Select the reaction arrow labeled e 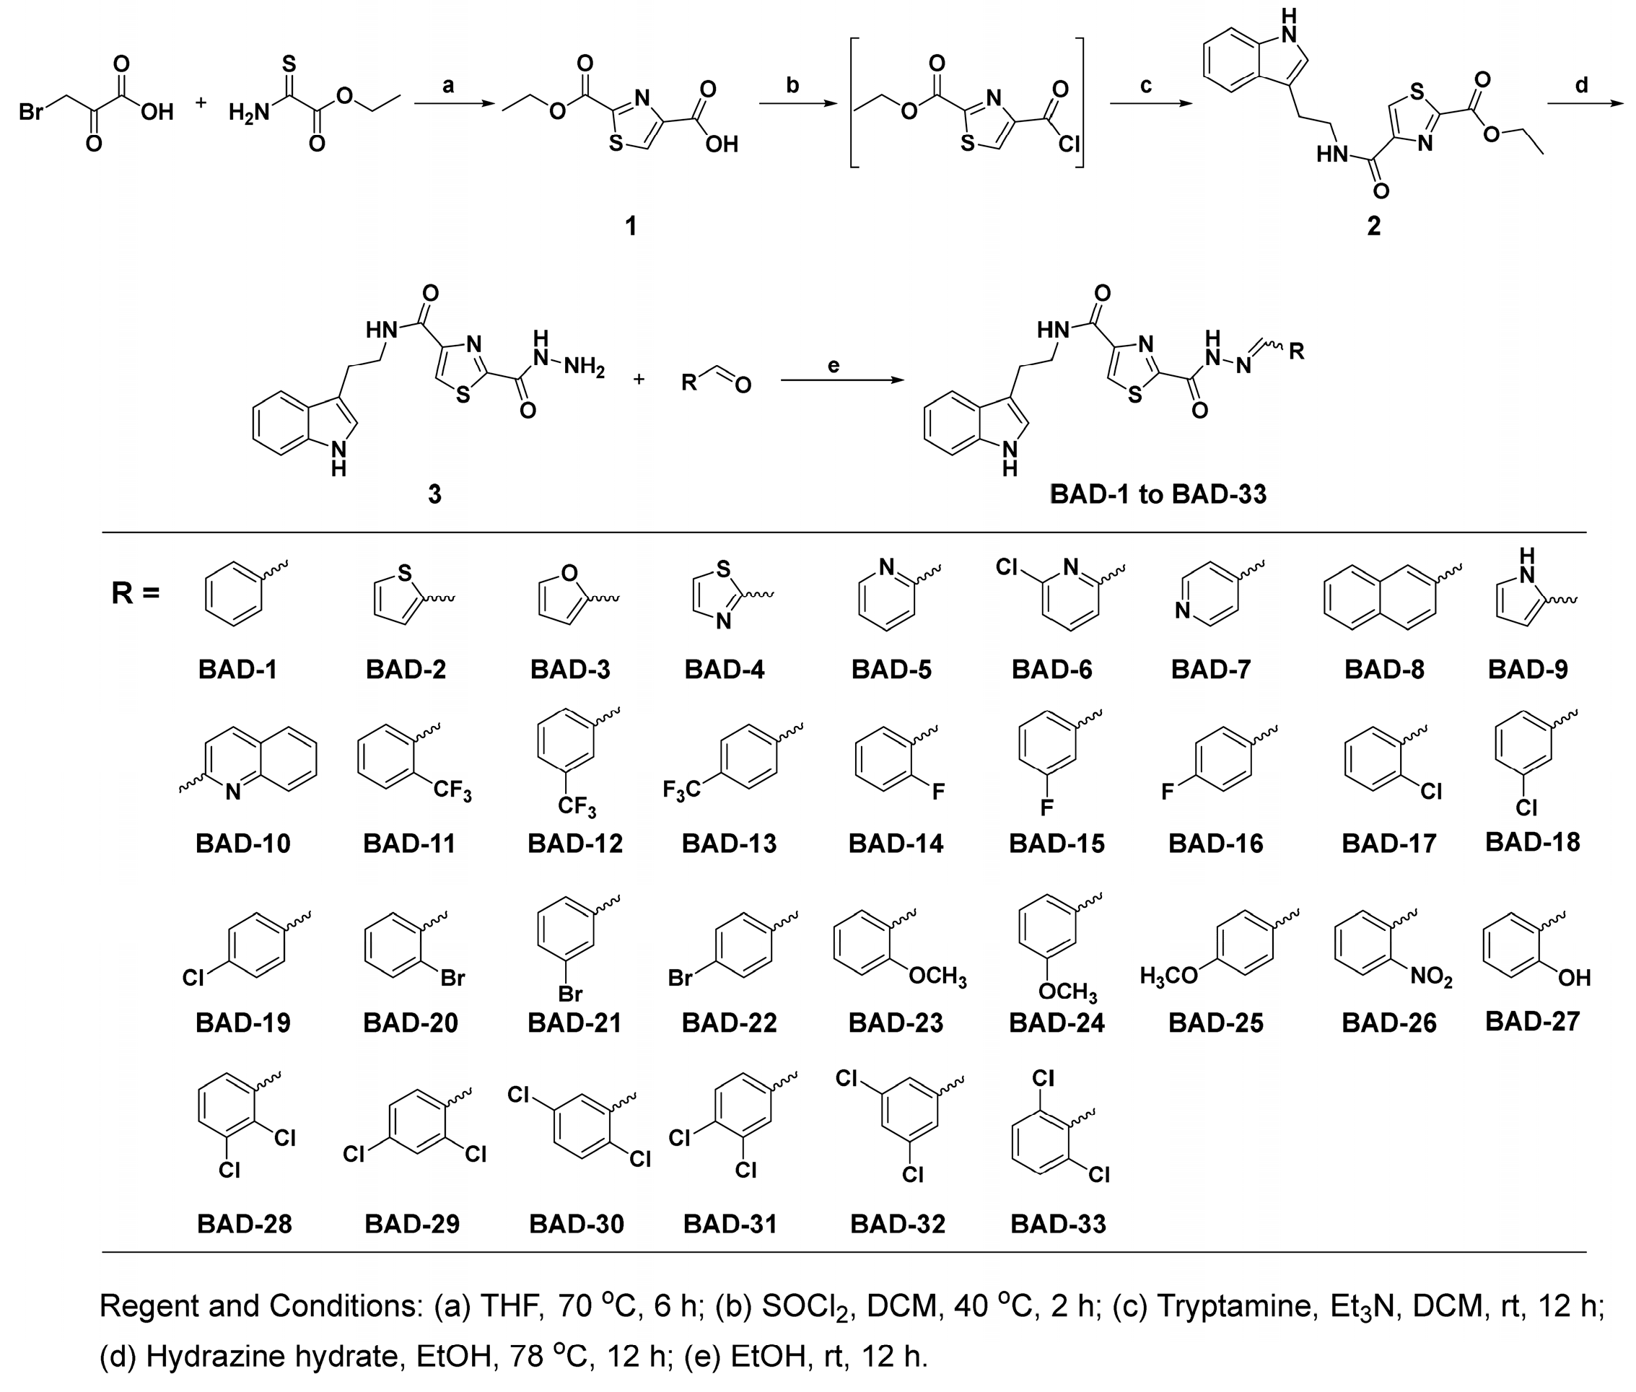[x=841, y=380]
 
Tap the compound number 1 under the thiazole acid [x=631, y=227]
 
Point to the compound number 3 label [x=434, y=495]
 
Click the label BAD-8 [x=1384, y=669]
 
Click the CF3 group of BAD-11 [x=452, y=789]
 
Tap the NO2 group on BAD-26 [x=1431, y=978]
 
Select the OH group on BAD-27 [x=1574, y=979]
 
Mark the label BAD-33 [x=1057, y=1224]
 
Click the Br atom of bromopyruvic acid [x=31, y=112]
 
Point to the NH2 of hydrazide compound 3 [x=584, y=368]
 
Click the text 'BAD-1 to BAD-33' [x=1158, y=495]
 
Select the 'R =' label [x=135, y=592]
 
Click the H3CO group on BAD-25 [x=1168, y=977]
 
